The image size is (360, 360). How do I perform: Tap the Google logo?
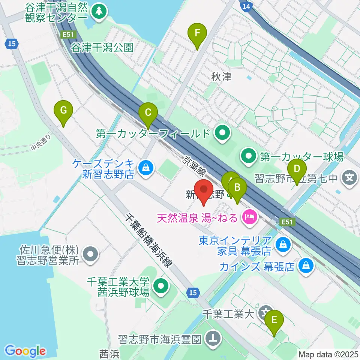click(x=25, y=351)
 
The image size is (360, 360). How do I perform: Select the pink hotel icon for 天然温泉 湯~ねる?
click(x=249, y=216)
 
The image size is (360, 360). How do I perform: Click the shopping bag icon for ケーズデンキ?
click(x=145, y=168)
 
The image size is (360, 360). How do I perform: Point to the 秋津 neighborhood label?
click(x=221, y=77)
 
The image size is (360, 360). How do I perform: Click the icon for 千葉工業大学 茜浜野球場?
click(x=161, y=286)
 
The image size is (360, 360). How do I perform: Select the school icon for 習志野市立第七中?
click(x=350, y=176)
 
